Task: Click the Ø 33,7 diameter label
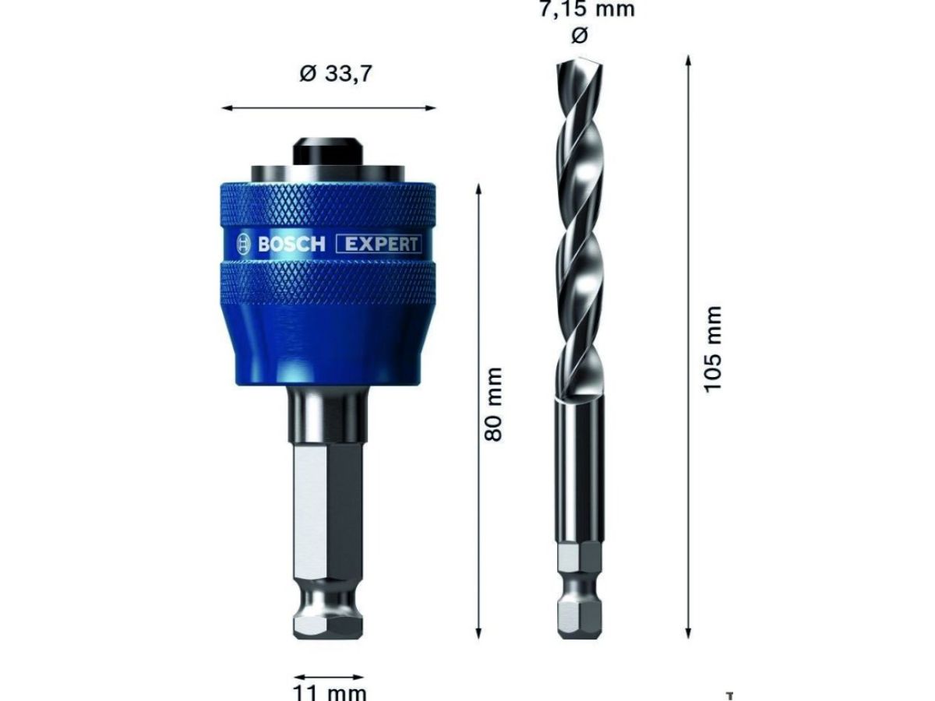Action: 335,74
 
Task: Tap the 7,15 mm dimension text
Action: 587,9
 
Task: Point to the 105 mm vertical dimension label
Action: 713,350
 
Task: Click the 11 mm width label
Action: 330,692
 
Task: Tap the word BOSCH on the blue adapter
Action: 291,245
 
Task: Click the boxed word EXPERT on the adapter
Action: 379,245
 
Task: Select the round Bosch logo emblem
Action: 244,245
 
